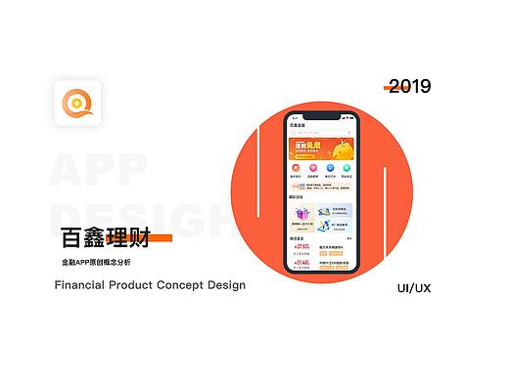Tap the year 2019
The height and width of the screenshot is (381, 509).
[409, 86]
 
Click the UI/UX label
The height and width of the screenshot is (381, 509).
[414, 289]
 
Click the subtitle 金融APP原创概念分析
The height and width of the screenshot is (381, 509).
[95, 263]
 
